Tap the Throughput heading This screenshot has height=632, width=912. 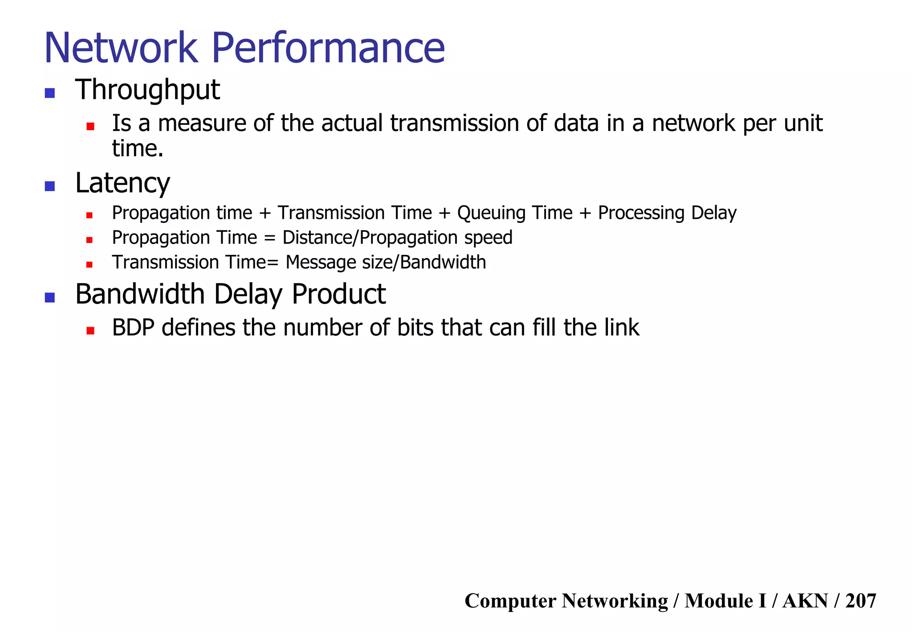[147, 90]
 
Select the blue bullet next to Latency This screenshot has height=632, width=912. [50, 186]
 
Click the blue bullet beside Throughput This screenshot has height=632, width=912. [50, 93]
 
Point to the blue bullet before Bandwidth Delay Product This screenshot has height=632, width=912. [50, 297]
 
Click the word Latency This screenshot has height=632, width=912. [122, 183]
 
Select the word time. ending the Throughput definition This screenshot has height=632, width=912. [138, 148]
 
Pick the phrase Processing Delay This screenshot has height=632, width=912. [667, 213]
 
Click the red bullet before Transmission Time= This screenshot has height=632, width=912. [90, 265]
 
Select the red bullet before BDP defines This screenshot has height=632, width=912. [90, 331]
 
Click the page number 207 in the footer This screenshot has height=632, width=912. [860, 601]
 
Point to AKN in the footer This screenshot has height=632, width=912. [805, 601]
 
